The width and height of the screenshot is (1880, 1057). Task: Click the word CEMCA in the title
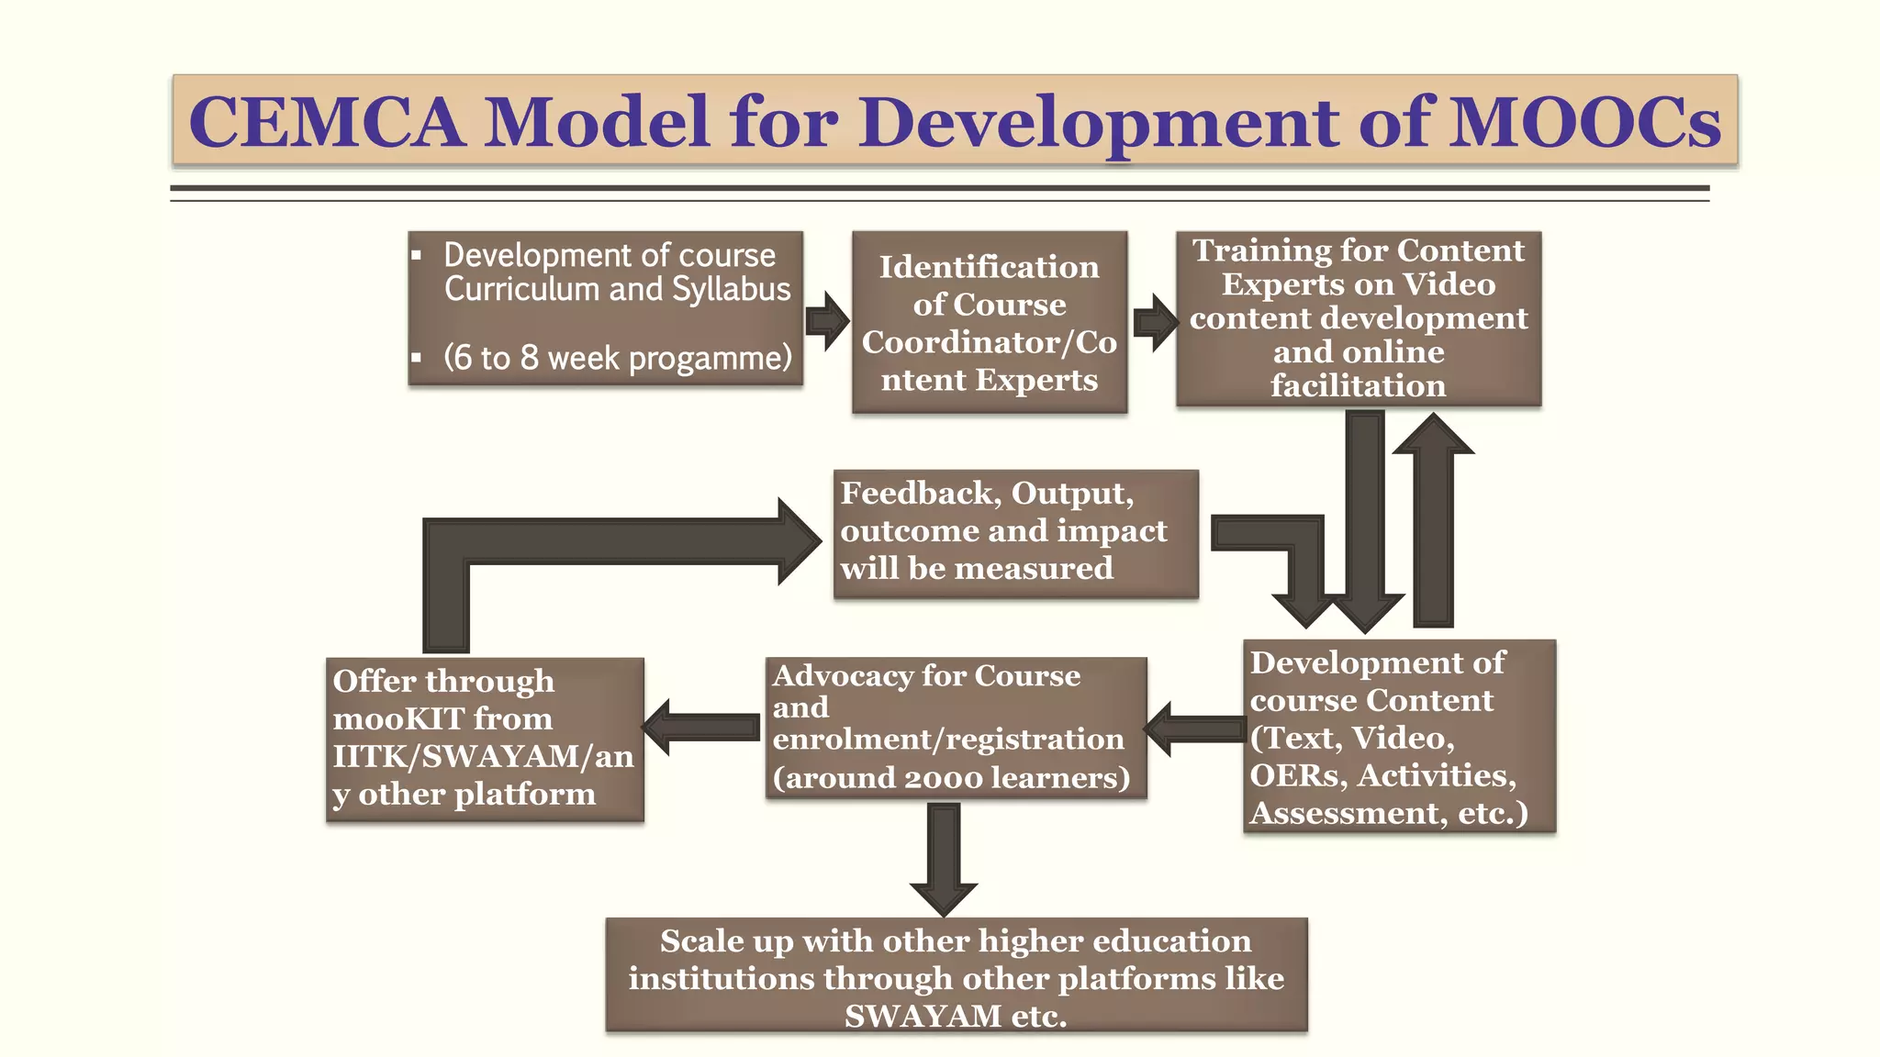click(x=326, y=122)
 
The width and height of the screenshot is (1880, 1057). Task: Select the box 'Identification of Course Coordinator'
click(x=989, y=322)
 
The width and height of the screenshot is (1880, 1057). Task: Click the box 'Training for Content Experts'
click(x=1358, y=318)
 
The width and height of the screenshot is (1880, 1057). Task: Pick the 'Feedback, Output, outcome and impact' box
click(x=1015, y=533)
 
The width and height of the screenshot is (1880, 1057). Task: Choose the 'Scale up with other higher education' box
click(x=956, y=976)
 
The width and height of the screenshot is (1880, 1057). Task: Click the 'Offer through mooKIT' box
click(x=485, y=739)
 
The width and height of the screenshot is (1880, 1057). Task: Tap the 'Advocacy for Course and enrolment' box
click(x=956, y=727)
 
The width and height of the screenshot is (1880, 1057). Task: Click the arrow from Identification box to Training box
click(x=1155, y=322)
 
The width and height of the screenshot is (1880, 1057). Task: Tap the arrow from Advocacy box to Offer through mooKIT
click(x=702, y=727)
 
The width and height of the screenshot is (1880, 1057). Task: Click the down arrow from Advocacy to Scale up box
click(x=944, y=858)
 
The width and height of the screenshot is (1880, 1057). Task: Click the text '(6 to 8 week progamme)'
click(x=617, y=358)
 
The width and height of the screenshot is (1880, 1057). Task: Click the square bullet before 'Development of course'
click(x=417, y=256)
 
